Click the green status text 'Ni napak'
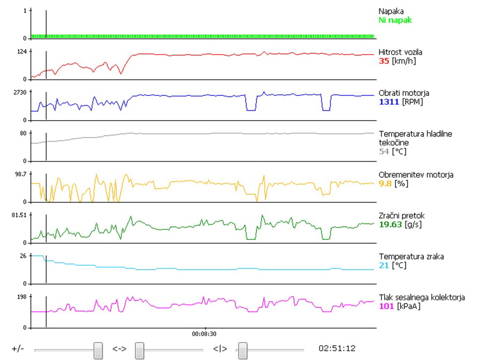[x=395, y=20]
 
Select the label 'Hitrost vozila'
[x=401, y=52]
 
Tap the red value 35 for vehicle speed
[x=384, y=61]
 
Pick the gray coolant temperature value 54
[x=384, y=151]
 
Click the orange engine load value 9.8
[x=385, y=184]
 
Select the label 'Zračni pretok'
[x=402, y=216]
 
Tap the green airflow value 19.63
[x=390, y=224]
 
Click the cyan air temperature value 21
[x=383, y=265]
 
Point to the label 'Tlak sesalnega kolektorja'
[x=421, y=297]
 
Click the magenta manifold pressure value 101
[x=386, y=306]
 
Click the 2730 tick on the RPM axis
[x=19, y=92]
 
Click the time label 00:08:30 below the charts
[x=204, y=334]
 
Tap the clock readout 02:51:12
[x=337, y=349]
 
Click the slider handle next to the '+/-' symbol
[x=98, y=350]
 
